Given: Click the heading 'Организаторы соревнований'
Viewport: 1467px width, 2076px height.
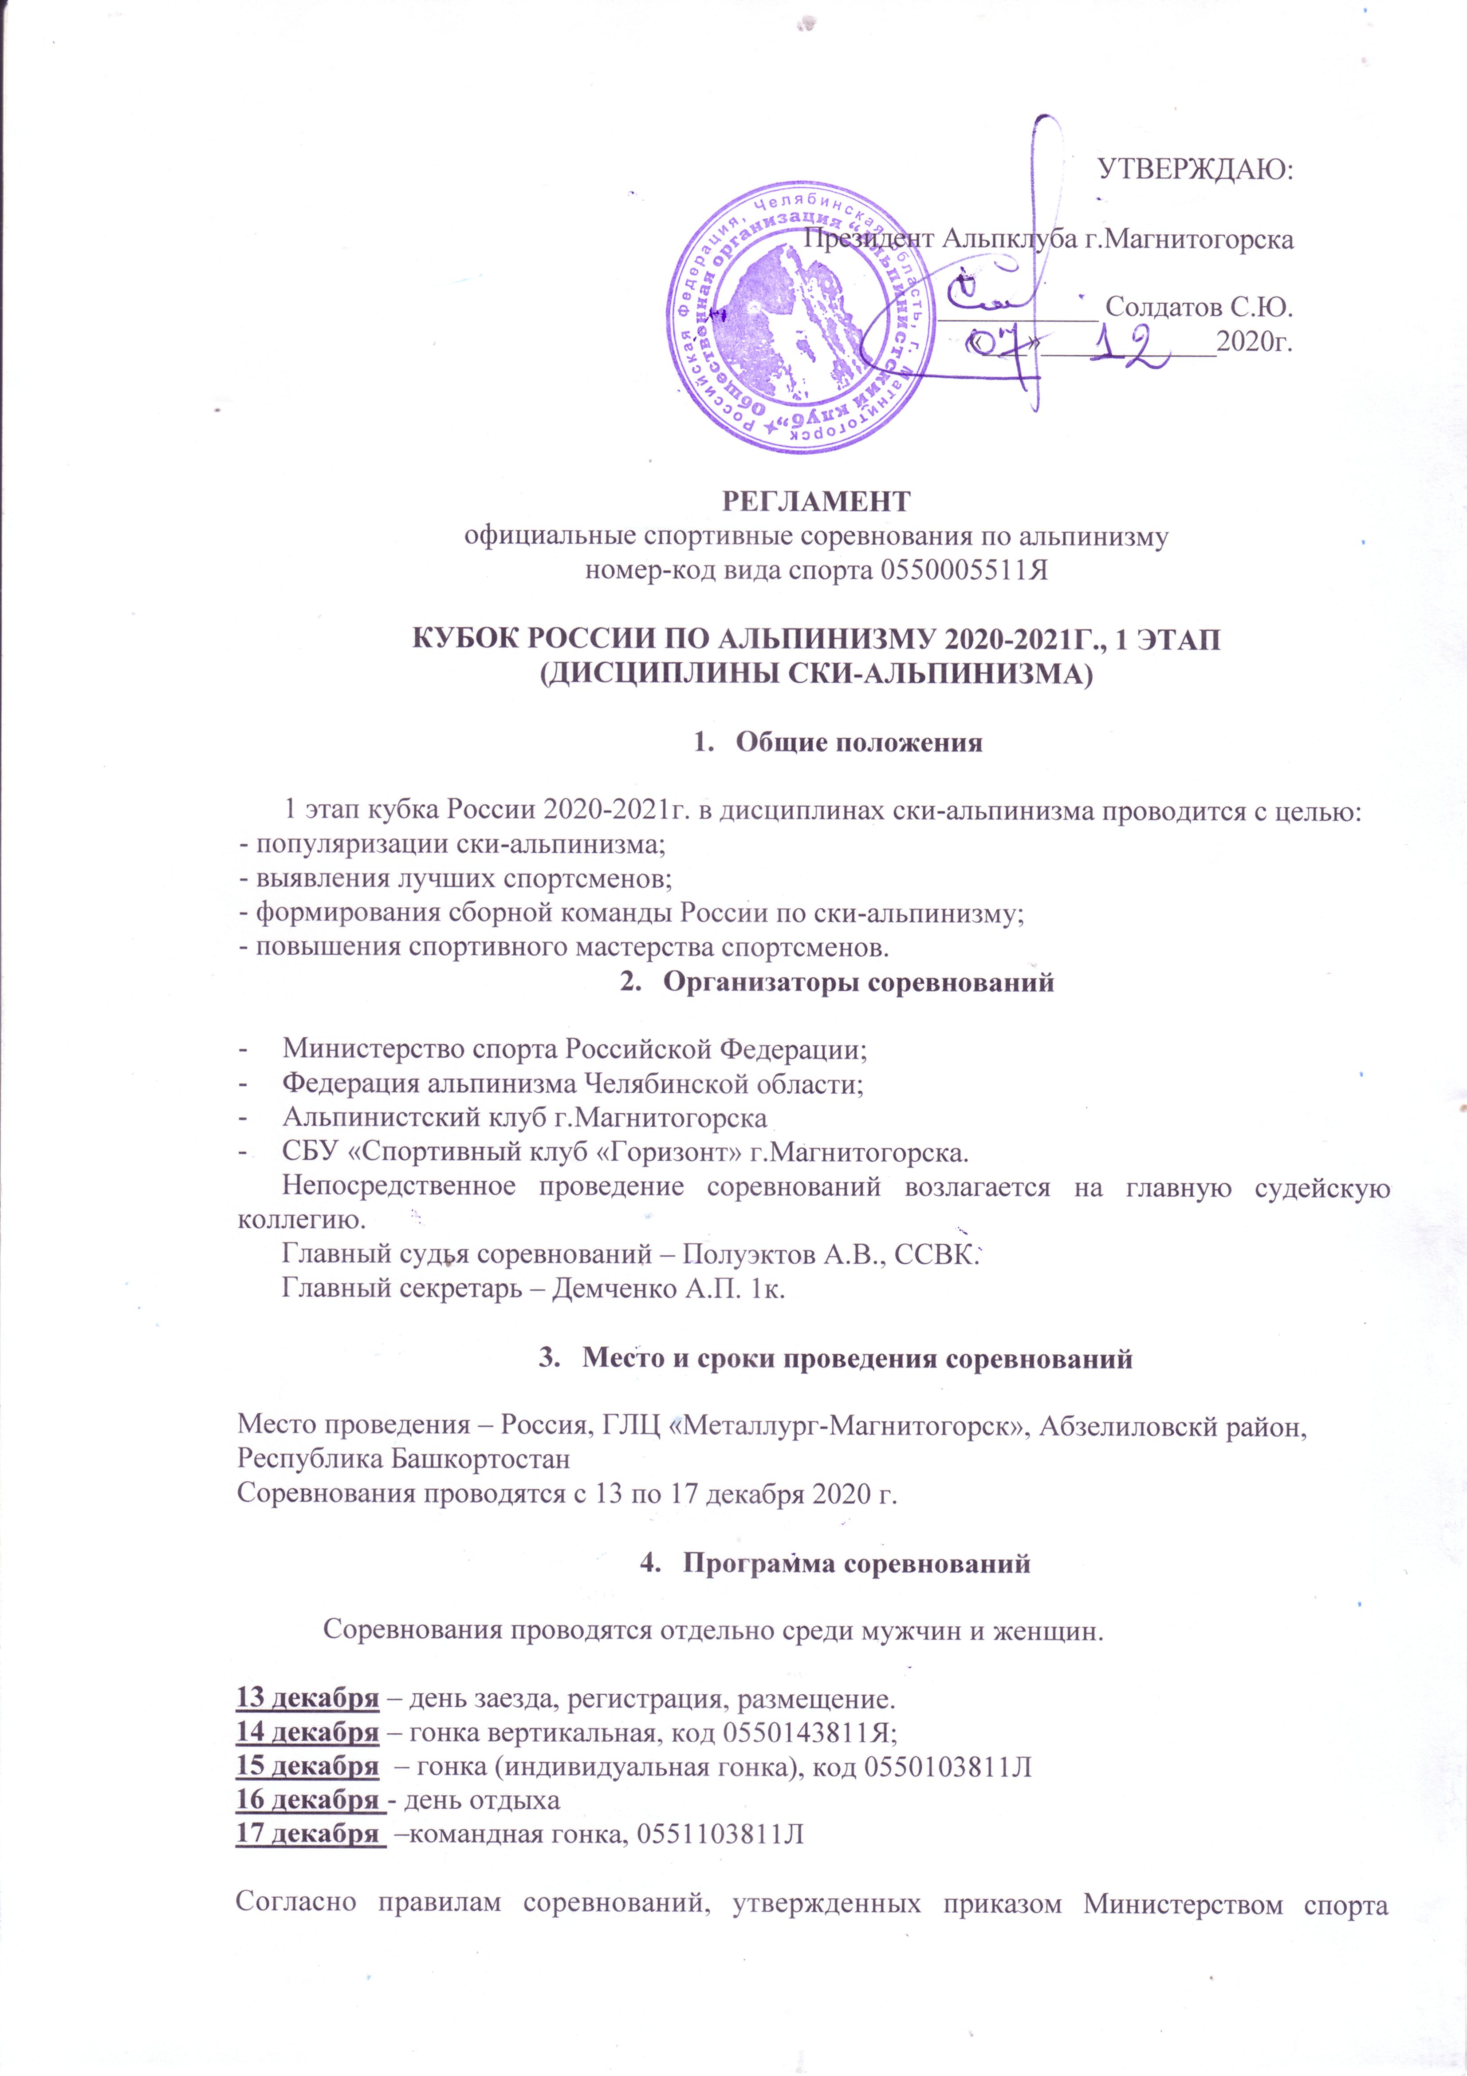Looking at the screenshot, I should pos(859,983).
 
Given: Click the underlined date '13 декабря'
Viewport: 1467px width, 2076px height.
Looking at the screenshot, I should pos(307,1699).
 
